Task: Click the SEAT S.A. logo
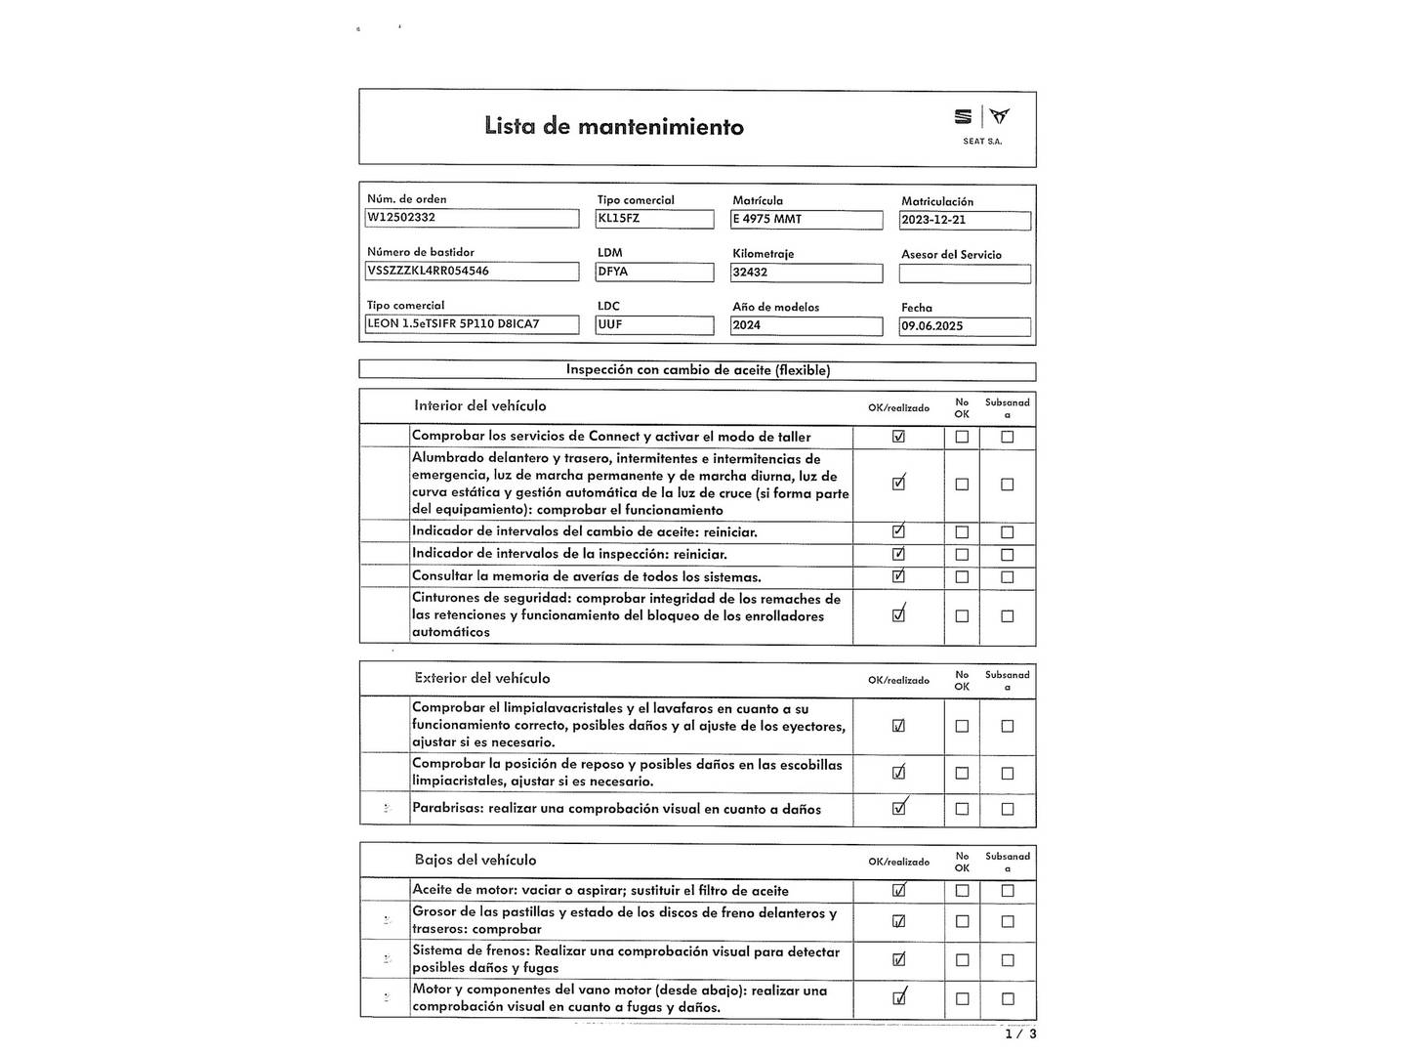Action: point(982,125)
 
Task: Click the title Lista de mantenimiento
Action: point(613,126)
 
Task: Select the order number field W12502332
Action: point(472,218)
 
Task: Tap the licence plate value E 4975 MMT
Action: point(806,220)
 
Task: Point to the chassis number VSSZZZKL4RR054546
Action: point(472,271)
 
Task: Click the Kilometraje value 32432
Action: point(806,273)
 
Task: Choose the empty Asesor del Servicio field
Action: point(964,274)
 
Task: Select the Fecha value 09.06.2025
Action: point(964,326)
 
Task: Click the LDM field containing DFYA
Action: point(654,272)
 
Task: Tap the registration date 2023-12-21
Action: point(964,220)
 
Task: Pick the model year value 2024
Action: point(806,325)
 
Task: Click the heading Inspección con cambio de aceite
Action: point(697,370)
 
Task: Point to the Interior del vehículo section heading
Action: point(479,405)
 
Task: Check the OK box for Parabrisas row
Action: point(898,809)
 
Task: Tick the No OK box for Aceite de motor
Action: point(962,891)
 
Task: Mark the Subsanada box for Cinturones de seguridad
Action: point(1007,616)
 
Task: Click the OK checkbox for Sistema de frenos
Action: point(898,959)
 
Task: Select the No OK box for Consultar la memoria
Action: point(962,577)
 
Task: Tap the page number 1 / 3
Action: point(1020,1034)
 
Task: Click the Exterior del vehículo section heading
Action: point(481,678)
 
